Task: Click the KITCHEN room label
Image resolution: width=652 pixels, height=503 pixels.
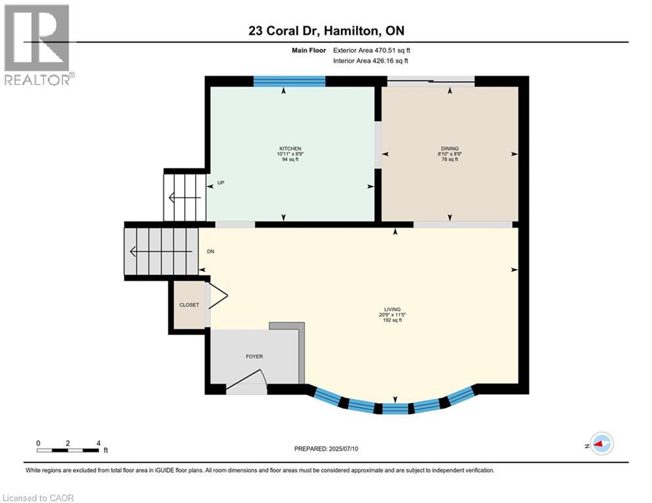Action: [x=290, y=149]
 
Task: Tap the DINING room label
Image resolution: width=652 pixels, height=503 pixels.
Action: [x=450, y=149]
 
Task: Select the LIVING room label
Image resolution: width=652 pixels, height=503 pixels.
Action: [x=393, y=309]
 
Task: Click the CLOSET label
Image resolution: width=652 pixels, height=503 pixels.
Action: [x=189, y=305]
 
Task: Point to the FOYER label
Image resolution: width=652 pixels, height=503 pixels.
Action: [x=254, y=356]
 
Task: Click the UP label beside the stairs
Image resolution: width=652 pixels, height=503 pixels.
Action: [x=221, y=183]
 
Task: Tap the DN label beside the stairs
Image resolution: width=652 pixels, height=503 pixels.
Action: [x=210, y=251]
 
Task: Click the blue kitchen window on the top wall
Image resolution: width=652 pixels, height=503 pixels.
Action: [x=289, y=81]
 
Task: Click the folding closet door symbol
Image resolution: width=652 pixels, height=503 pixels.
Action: [x=218, y=296]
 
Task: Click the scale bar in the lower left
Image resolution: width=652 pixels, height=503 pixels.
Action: [x=68, y=450]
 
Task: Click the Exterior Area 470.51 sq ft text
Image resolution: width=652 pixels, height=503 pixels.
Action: [x=372, y=50]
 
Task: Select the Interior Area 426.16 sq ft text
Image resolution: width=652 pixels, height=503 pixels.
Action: [x=371, y=60]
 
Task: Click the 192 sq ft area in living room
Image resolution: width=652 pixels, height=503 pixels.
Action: [x=393, y=321]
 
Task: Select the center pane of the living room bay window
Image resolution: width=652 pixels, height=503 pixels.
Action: [x=394, y=409]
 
